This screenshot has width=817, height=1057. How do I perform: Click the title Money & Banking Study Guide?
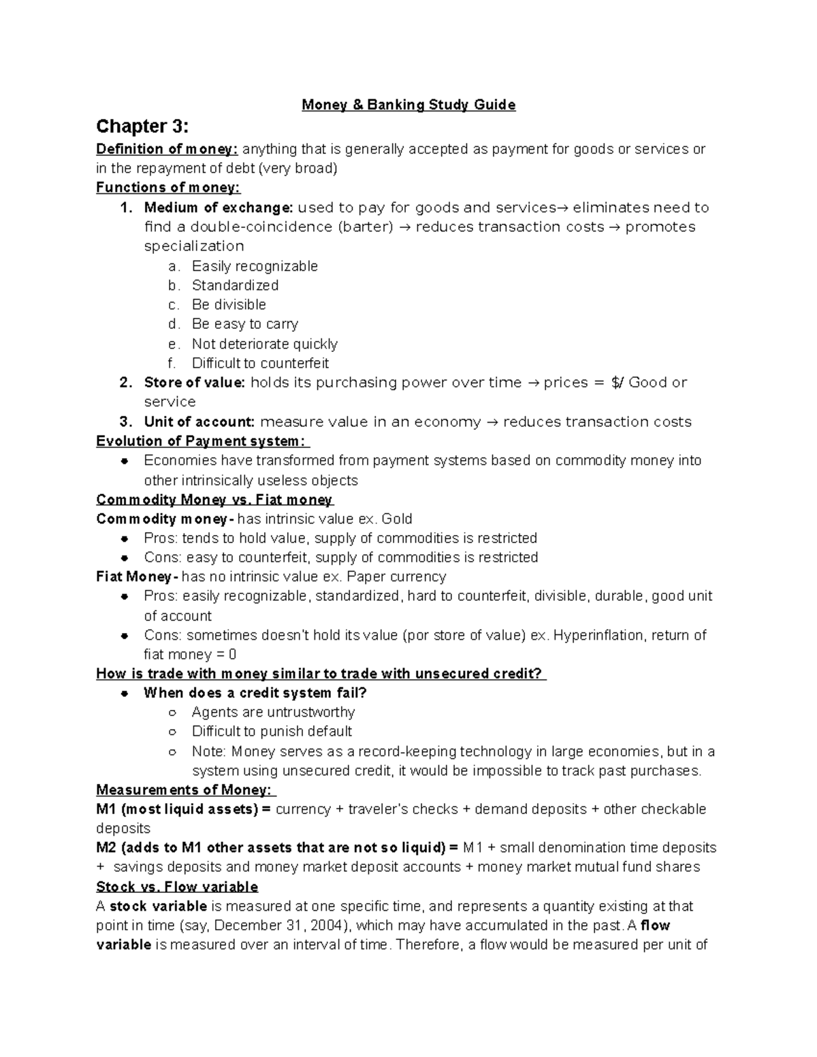408,105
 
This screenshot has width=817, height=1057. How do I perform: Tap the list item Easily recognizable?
255,266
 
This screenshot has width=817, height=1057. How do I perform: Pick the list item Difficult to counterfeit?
260,363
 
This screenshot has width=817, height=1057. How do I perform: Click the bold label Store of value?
194,383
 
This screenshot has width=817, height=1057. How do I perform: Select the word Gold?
397,519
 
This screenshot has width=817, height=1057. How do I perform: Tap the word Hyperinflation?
598,635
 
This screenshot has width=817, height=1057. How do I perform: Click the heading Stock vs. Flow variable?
177,887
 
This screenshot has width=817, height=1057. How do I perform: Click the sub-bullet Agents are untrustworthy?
273,713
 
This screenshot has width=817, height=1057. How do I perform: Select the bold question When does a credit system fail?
255,693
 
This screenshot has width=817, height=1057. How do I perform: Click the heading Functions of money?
168,188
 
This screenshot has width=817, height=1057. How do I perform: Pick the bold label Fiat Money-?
137,576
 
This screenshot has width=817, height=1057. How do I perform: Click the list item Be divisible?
229,305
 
